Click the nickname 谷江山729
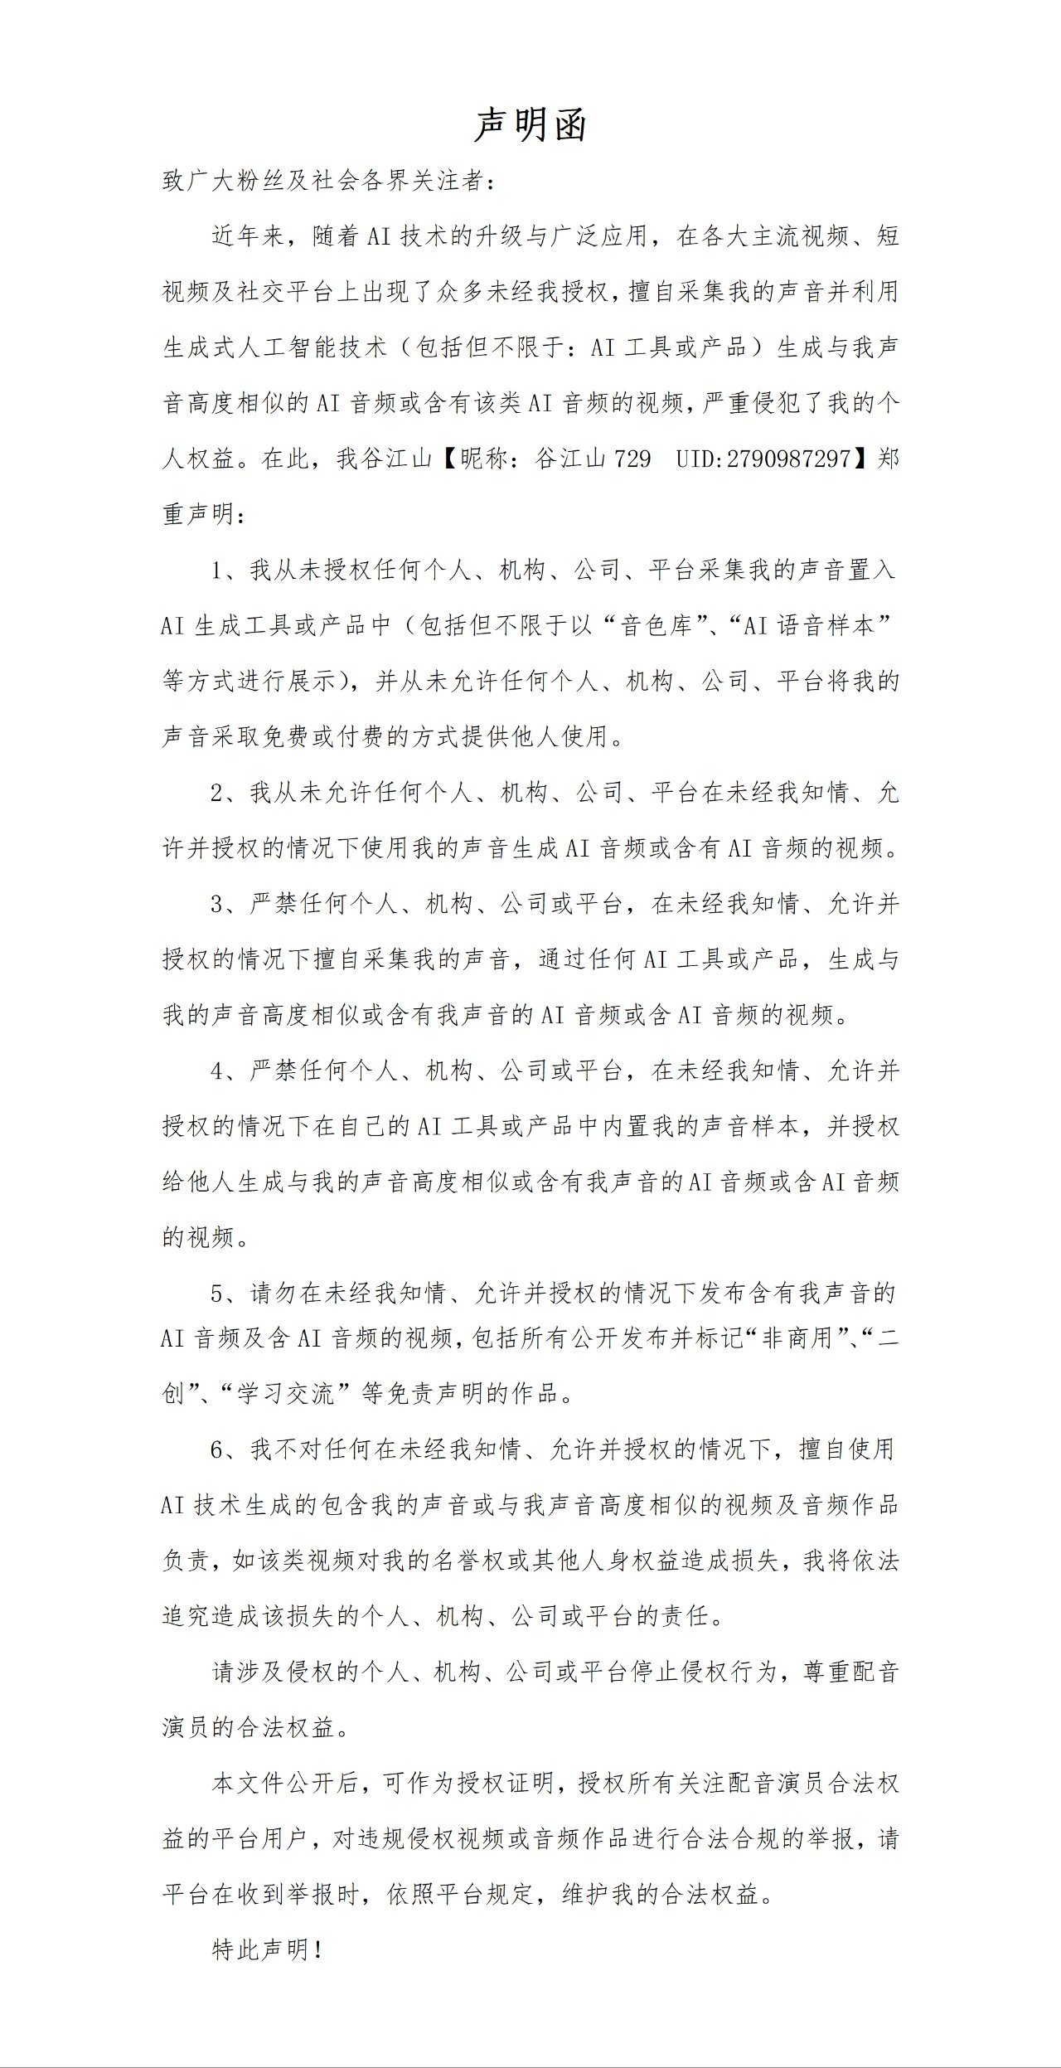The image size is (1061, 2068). click(593, 459)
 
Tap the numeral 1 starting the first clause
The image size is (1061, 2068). click(218, 570)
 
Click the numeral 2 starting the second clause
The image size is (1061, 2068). click(218, 794)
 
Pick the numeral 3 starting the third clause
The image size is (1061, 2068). click(218, 905)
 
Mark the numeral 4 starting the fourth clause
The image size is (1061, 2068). click(218, 1071)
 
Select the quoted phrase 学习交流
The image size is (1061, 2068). click(286, 1394)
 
